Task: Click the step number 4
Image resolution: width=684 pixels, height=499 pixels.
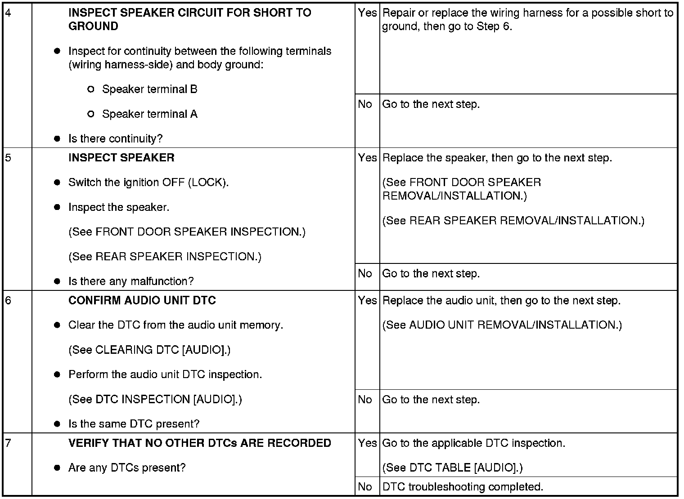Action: [x=8, y=13]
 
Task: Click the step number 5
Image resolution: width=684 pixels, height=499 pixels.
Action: [x=8, y=158]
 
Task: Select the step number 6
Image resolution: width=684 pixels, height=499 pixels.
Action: [x=8, y=301]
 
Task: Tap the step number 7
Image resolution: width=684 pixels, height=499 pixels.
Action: [x=8, y=443]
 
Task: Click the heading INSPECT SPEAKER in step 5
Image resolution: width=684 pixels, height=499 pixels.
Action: [x=121, y=158]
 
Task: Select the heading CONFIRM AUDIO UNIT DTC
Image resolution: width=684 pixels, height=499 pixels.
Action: [x=142, y=300]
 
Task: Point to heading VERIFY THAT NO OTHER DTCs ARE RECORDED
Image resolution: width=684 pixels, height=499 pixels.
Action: [x=199, y=443]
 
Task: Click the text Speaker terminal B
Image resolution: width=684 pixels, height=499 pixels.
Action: [x=149, y=89]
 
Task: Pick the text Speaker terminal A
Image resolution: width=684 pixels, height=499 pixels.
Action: [x=149, y=114]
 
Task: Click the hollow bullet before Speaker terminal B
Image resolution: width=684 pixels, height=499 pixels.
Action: [x=90, y=89]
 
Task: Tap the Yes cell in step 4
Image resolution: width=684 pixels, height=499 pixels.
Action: [x=367, y=13]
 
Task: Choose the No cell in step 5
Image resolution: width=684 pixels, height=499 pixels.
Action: [x=365, y=273]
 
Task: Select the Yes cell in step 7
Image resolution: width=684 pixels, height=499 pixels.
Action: [x=367, y=443]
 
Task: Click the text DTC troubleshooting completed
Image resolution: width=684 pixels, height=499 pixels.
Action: [x=463, y=486]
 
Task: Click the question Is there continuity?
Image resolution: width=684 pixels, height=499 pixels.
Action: [x=115, y=138]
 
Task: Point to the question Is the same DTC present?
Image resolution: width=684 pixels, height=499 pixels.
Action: [x=134, y=423]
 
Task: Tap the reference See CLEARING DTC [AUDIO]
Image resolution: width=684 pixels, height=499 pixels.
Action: [x=149, y=350]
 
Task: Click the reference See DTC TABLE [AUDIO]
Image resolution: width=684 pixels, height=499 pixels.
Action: [x=452, y=468]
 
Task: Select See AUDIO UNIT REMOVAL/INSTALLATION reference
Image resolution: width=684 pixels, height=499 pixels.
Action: [x=502, y=325]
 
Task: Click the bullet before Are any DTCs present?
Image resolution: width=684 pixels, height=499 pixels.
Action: [x=57, y=468]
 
